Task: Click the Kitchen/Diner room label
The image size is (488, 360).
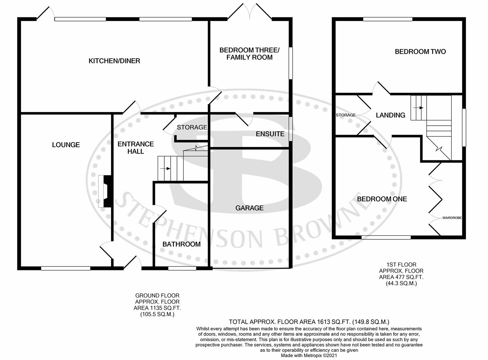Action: [114, 61]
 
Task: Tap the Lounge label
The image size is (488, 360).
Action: [66, 145]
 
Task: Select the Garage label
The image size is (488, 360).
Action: [249, 208]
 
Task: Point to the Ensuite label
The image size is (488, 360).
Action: [270, 134]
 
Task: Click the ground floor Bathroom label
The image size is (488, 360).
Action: [181, 244]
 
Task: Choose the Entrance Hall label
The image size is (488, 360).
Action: [136, 148]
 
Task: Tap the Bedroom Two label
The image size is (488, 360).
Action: [420, 52]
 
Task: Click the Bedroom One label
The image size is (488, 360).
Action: [382, 199]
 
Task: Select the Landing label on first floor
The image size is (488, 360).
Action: [390, 115]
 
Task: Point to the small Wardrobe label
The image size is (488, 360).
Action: [452, 218]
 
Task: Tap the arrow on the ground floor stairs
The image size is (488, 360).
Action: [165, 169]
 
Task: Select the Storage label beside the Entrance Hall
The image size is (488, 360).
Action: [192, 127]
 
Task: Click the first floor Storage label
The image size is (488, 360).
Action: [346, 115]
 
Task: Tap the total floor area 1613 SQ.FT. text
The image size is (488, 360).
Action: [309, 322]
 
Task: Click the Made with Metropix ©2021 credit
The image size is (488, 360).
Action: [309, 356]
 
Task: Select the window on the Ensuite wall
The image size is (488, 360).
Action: [290, 129]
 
